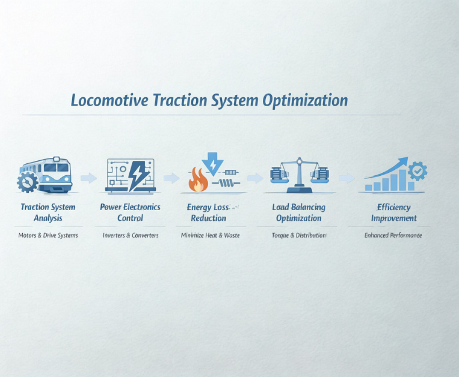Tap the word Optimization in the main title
point(305,100)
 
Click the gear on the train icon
point(27,181)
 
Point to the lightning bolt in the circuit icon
point(138,175)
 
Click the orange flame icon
point(198,181)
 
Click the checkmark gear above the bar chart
point(417,172)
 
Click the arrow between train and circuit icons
point(88,178)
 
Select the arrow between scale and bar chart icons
point(347,178)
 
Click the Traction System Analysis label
point(48,213)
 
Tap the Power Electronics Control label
point(131,213)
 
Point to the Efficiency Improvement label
point(394,213)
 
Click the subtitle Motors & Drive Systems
point(48,235)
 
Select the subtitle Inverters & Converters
point(131,235)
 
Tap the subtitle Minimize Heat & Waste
point(210,235)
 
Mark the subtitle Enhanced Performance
point(393,235)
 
